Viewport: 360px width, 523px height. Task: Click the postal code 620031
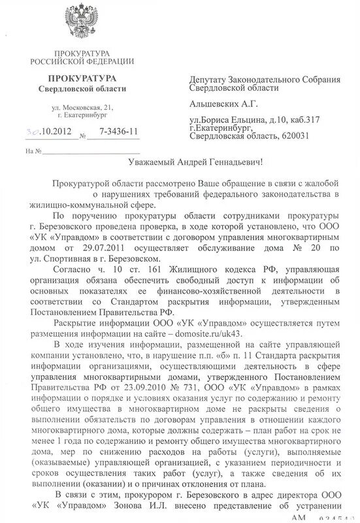pos(299,136)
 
